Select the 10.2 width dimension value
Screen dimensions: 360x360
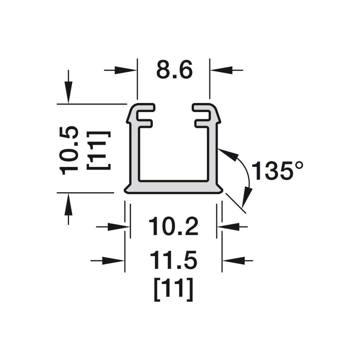click(173, 227)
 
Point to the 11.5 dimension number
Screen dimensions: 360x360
click(173, 260)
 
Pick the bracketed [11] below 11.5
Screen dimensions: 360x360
click(173, 289)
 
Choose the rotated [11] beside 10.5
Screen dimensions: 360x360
click(99, 150)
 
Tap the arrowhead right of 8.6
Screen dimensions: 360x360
click(221, 70)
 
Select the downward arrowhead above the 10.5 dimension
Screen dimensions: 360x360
click(68, 92)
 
